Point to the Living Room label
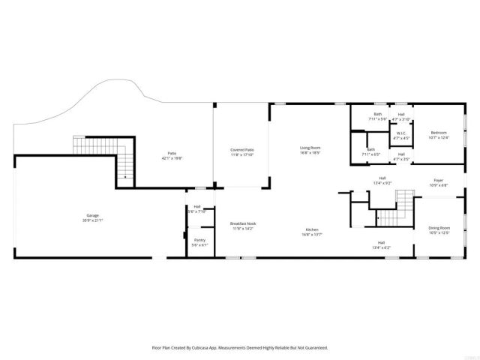pyautogui.click(x=310, y=149)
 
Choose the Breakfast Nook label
pyautogui.click(x=243, y=225)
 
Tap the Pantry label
pyautogui.click(x=198, y=241)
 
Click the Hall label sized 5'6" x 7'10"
pyautogui.click(x=197, y=208)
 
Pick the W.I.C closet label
pyautogui.click(x=401, y=136)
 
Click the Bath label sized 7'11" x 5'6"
pyautogui.click(x=377, y=116)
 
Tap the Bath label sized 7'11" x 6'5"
pyautogui.click(x=371, y=151)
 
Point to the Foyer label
pyautogui.click(x=438, y=182)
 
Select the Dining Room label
pyautogui.click(x=439, y=229)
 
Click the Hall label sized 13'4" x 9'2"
pyautogui.click(x=382, y=180)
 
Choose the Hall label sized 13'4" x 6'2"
pyautogui.click(x=381, y=244)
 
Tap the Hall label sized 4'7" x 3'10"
pyautogui.click(x=401, y=116)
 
